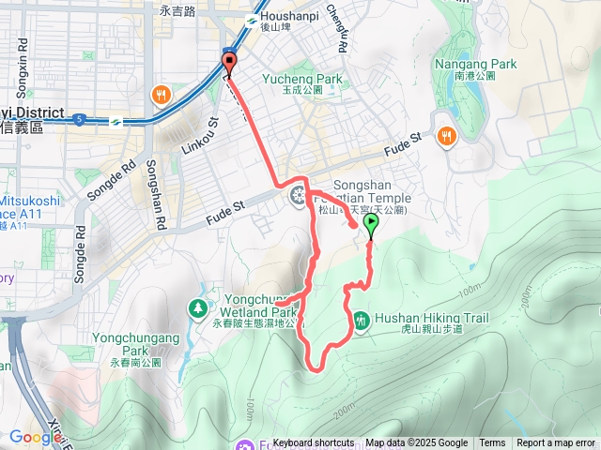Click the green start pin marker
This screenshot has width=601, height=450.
click(x=370, y=224)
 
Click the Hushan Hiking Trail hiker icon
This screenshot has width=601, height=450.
click(x=362, y=322)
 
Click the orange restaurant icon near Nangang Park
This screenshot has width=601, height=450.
click(x=445, y=134)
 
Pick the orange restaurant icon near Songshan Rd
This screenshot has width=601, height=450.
click(x=162, y=94)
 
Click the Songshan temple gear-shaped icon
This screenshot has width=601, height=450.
click(x=299, y=196)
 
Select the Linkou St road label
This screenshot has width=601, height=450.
click(x=200, y=134)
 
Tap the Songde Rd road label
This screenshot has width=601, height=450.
click(x=101, y=187)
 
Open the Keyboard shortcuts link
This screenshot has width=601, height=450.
click(x=314, y=443)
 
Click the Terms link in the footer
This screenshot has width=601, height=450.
click(x=492, y=443)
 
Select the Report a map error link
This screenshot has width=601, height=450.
click(x=556, y=443)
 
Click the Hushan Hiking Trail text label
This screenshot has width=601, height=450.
click(x=432, y=319)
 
